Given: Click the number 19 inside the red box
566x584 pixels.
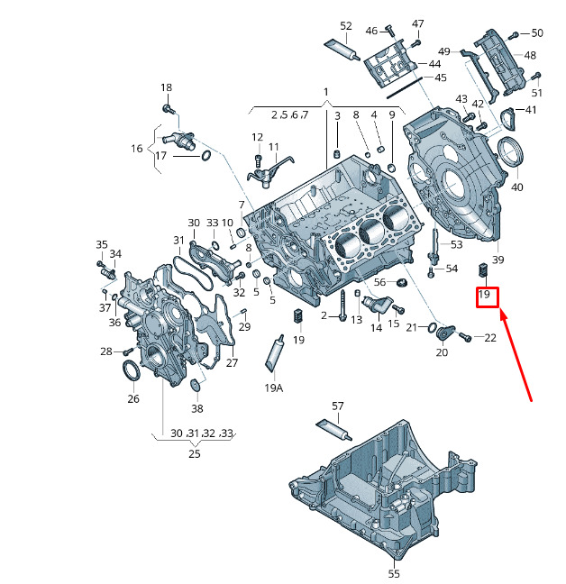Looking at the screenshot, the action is [484, 295].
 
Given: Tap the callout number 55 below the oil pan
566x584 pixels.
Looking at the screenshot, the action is [394, 574].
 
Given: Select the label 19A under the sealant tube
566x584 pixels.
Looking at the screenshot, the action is [274, 388].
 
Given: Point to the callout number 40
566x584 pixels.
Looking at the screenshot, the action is [516, 187].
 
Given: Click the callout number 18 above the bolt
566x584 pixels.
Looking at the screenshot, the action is [166, 87].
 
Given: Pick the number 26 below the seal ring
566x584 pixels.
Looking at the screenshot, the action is [133, 399].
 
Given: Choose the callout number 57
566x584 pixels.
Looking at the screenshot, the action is [337, 406].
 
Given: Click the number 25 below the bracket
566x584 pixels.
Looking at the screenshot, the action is [195, 453].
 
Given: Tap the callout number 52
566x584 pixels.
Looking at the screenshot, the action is [346, 26].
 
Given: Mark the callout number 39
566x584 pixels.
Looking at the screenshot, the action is [498, 260].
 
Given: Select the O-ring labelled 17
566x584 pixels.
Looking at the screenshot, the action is [206, 156].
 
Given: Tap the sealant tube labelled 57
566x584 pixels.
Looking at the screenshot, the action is [334, 430].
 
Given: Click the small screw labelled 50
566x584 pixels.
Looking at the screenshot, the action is [514, 34].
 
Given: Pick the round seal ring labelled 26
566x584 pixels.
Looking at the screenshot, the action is [131, 370].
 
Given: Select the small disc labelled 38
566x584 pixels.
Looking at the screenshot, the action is [195, 385].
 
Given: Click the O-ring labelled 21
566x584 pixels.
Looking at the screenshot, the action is [432, 327].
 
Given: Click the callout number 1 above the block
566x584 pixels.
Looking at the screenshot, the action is [326, 92].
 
